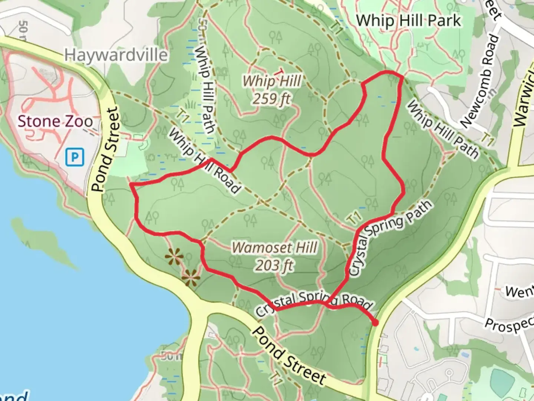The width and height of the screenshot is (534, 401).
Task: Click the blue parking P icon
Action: pyautogui.click(x=75, y=157)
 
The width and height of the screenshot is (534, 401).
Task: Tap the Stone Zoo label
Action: pyautogui.click(x=55, y=121)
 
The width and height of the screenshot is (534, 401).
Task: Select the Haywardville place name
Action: pyautogui.click(x=116, y=55)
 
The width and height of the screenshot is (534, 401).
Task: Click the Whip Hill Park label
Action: pyautogui.click(x=409, y=20)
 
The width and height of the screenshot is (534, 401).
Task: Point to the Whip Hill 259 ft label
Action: pyautogui.click(x=272, y=89)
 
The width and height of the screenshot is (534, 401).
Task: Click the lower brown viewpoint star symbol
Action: pyautogui.click(x=191, y=277)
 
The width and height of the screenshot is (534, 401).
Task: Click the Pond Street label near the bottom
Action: pyautogui.click(x=289, y=356)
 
